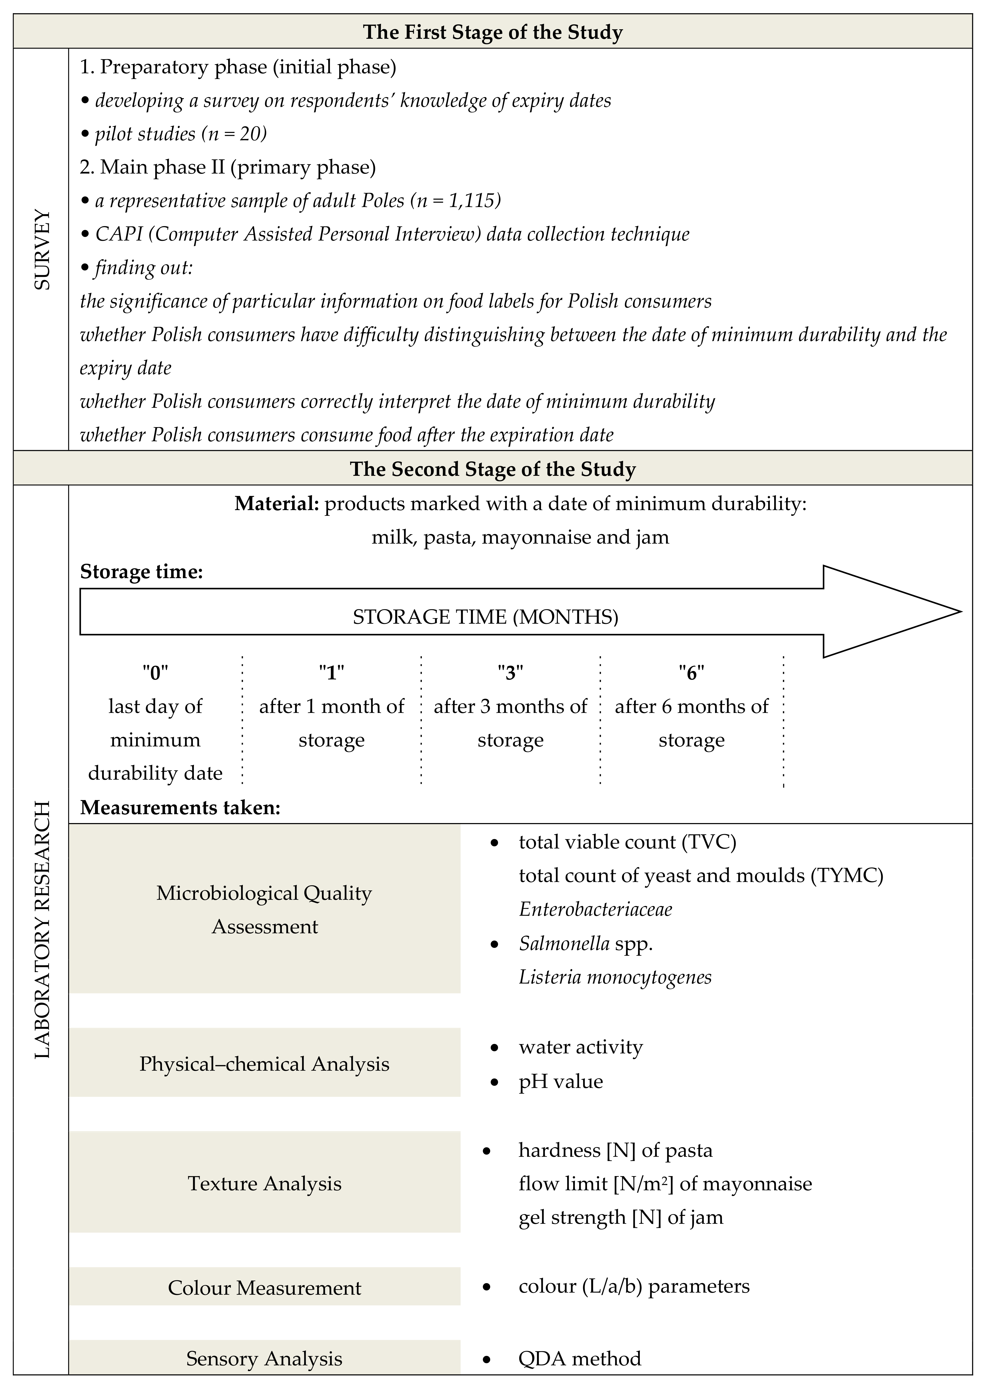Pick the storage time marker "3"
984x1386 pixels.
(510, 672)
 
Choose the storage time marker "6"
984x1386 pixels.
(691, 672)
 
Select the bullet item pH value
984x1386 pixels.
(561, 1081)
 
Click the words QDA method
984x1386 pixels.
(579, 1358)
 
